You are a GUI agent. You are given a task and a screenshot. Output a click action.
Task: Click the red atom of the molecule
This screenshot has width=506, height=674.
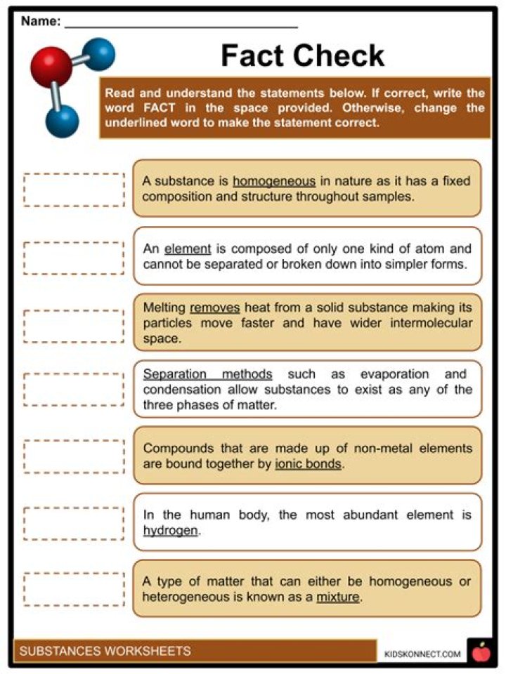pos(51,67)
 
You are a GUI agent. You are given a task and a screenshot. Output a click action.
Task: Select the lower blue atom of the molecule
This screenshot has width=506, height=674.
pos(63,120)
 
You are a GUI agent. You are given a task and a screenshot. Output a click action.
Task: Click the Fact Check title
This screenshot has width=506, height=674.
pos(303,55)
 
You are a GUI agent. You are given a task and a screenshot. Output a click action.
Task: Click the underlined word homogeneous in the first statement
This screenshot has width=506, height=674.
pos(274,181)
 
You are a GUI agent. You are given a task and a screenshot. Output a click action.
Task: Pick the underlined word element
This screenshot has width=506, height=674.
pos(188,249)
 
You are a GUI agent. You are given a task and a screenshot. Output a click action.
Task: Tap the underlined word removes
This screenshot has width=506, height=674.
pos(215,308)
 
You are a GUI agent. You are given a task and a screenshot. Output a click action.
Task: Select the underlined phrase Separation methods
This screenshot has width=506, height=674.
pos(207,374)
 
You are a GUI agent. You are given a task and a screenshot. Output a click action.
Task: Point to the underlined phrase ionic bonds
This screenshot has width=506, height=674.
pos(309,463)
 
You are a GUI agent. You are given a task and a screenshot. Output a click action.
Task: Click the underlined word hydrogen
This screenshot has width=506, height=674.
pos(171,531)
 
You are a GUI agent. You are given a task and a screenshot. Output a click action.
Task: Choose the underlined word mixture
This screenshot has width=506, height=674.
pos(338,597)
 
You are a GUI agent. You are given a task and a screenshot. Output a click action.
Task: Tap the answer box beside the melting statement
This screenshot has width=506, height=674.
pos(74,323)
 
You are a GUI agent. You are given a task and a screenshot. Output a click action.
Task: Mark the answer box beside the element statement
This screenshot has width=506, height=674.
pos(74,257)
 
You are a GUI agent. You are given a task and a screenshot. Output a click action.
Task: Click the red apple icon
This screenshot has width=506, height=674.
pos(481,652)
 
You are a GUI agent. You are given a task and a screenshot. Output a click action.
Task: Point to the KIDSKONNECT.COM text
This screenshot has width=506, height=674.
pos(422,654)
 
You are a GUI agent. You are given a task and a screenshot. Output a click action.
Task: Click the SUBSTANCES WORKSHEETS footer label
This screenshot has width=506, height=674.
pos(105,651)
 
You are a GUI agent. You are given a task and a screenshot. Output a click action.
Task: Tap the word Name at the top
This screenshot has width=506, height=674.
pos(40,22)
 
